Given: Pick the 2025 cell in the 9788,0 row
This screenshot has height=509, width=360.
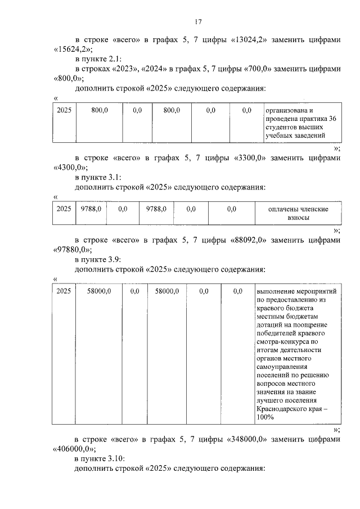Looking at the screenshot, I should coord(64,209).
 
